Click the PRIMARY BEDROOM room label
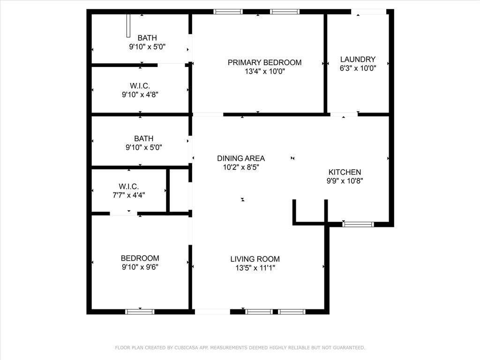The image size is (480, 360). pos(264,62)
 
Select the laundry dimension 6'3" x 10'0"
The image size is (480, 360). pos(358,67)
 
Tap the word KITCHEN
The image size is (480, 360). pos(345,172)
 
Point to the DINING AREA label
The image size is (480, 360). pos(240,158)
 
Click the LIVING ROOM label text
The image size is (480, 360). pos(255,259)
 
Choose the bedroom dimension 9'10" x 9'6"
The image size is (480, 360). pos(140,267)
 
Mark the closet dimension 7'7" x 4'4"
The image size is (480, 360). pos(128,195)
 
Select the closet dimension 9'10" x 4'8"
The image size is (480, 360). pos(140,94)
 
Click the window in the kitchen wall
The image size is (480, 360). pos(358,224)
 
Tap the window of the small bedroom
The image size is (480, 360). pos(140,311)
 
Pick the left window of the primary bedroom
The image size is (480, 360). pos(228,12)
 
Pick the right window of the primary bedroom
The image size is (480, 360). pos(285,12)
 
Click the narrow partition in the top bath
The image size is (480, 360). pos(128,25)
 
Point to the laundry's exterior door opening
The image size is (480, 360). pos(369,12)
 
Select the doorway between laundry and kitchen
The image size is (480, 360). pos(344,114)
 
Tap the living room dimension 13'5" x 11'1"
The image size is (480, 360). pos(255,268)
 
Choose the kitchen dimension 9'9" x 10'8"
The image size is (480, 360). pos(345,181)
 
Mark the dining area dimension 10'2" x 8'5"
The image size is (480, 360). pos(240,167)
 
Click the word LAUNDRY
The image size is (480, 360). pos(358,59)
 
